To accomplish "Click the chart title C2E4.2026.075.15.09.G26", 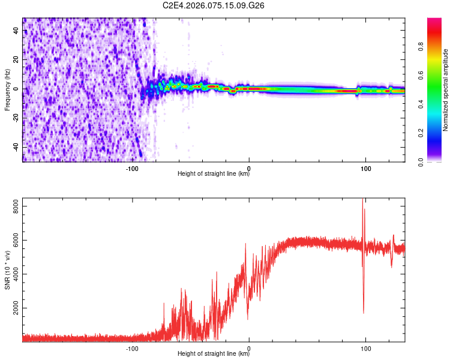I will click(214, 5).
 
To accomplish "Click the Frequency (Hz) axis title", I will click(7, 90).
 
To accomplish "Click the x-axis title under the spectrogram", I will click(214, 174).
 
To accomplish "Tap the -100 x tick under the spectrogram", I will click(133, 169).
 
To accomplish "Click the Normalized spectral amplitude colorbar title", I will click(446, 90).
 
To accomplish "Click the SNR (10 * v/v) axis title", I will click(7, 270).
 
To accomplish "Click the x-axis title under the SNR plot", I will click(214, 354).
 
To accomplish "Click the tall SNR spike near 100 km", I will click(362, 207).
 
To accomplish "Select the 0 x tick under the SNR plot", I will click(249, 349).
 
